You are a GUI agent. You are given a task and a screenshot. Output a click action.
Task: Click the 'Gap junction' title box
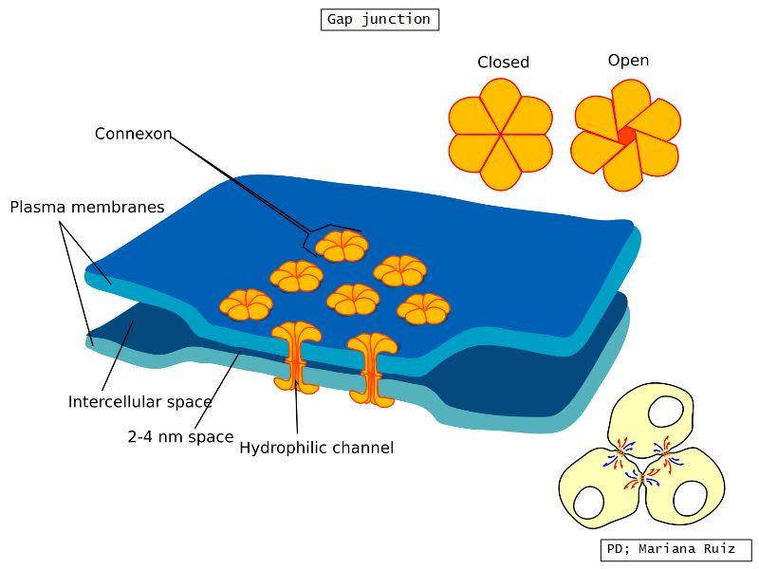[379, 19]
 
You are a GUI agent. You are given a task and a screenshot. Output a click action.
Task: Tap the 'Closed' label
[503, 63]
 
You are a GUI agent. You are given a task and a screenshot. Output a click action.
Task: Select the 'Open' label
[628, 61]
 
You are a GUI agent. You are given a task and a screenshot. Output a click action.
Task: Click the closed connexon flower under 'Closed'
[500, 134]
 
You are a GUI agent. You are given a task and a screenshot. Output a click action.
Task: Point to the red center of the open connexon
[625, 135]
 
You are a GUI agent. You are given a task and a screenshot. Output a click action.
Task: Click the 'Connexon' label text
[133, 134]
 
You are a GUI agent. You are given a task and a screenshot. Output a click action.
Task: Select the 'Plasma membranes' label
[87, 207]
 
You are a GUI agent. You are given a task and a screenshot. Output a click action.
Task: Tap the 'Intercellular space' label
[139, 402]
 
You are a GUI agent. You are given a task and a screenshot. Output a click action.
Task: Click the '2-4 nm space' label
[180, 437]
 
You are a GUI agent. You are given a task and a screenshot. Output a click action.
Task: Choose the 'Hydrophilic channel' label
[316, 448]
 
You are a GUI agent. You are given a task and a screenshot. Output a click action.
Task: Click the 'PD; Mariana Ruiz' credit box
[676, 549]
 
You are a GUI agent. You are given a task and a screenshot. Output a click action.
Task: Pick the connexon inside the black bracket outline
[341, 247]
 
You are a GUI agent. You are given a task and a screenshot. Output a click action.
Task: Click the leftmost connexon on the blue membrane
[247, 304]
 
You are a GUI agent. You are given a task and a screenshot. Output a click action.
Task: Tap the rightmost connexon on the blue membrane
[423, 308]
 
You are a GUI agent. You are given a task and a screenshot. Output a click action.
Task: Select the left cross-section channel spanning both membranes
[296, 358]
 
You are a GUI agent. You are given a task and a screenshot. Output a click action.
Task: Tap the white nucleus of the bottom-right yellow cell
[690, 496]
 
